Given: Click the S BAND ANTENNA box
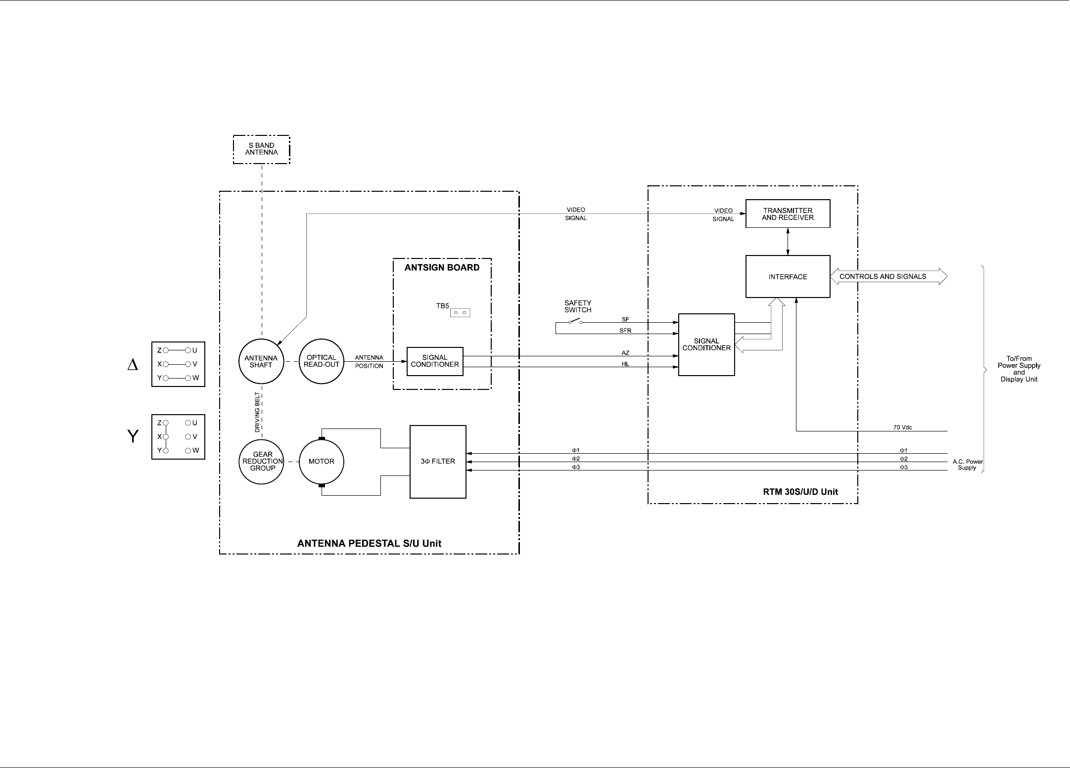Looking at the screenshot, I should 261,149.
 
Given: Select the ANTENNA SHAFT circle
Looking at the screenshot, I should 261,361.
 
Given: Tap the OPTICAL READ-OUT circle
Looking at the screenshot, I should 322,361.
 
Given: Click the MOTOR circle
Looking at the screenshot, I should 322,462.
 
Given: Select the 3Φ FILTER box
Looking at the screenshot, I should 438,462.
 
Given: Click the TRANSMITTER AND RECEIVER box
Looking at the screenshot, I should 788,214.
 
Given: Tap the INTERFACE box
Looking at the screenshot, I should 788,277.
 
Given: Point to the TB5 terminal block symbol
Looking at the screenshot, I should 460,312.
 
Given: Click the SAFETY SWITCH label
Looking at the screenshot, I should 578,306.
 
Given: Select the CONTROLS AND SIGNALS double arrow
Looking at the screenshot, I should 888,277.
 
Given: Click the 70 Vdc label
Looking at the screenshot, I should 902,427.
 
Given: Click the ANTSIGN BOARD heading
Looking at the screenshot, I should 442,268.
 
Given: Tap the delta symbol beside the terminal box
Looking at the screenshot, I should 133,365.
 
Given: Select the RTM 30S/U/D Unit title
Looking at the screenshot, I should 800,492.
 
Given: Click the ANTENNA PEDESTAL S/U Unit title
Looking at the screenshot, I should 369,544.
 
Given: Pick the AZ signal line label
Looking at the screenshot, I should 625,353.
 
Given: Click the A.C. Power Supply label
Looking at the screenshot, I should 967,465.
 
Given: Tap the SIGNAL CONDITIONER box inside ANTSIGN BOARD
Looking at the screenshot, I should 435,361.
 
